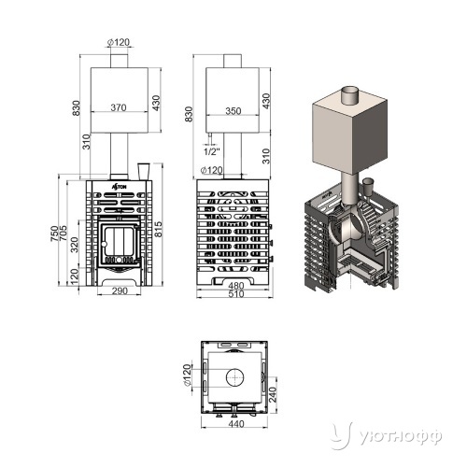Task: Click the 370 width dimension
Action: point(119,107)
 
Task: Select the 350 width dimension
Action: point(233,111)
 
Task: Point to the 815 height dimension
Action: point(159,230)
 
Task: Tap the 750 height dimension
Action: point(54,233)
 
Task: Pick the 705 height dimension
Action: point(63,233)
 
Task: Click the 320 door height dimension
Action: point(75,245)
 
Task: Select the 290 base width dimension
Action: point(120,290)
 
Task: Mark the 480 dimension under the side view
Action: point(236,286)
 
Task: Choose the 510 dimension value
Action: point(236,294)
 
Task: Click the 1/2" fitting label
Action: point(212,151)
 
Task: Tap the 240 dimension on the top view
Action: point(273,394)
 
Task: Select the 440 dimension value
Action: point(236,424)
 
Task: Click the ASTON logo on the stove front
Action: point(120,187)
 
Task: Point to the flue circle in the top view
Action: point(235,377)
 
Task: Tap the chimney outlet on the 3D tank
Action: point(350,96)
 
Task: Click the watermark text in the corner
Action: point(401,437)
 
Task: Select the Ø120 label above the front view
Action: point(119,42)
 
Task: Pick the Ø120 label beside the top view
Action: point(187,375)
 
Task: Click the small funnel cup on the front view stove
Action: point(144,171)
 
